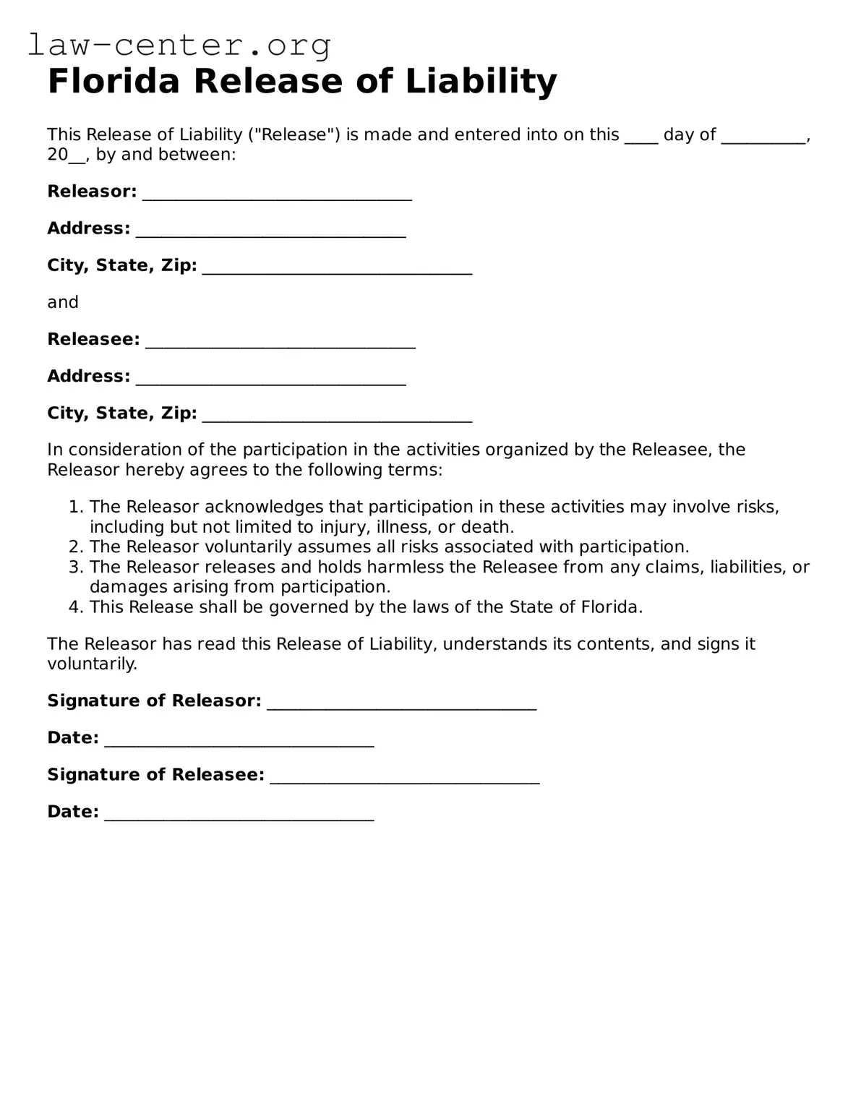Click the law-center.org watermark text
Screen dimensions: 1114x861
tap(179, 45)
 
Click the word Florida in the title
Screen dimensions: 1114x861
tap(113, 81)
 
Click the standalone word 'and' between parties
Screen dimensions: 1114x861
tap(63, 302)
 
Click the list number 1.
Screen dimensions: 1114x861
tap(75, 507)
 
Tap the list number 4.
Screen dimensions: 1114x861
tap(75, 607)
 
